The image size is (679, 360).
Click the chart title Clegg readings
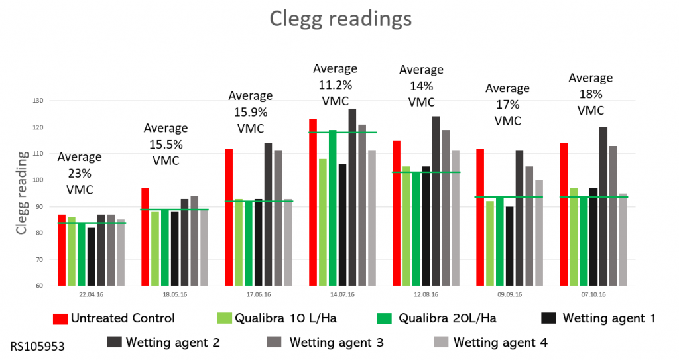click(x=340, y=19)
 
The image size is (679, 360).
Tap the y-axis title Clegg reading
click(x=23, y=193)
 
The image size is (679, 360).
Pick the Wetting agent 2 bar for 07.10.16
click(x=603, y=206)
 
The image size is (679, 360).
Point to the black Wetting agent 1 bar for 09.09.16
click(x=509, y=246)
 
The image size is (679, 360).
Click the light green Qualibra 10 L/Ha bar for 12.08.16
click(x=406, y=226)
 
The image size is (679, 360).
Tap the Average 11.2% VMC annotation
click(x=335, y=86)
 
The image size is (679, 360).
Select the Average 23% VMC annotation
click(x=80, y=173)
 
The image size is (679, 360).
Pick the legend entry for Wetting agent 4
click(x=491, y=343)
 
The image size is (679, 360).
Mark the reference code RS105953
click(x=38, y=346)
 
